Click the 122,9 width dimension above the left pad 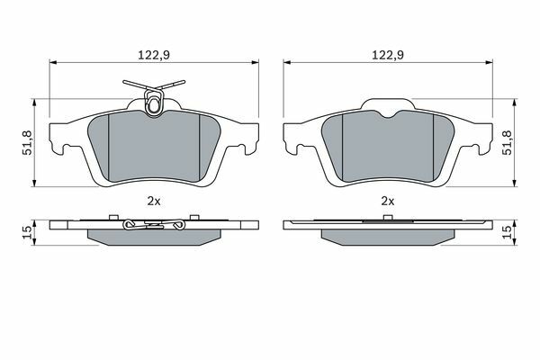154,55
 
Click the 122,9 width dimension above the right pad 387,55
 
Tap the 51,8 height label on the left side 28,142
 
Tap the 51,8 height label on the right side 509,142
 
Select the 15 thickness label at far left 28,232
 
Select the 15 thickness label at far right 509,232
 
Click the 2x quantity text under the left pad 154,202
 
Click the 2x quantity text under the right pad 387,202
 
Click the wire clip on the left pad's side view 154,225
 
